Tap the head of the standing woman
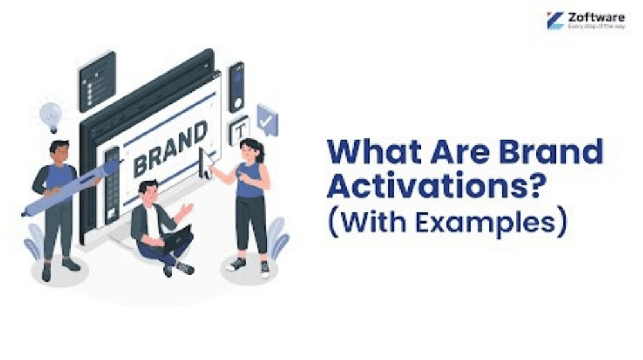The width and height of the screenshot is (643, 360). [x=251, y=150]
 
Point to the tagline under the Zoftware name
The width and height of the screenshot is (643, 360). [x=596, y=28]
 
